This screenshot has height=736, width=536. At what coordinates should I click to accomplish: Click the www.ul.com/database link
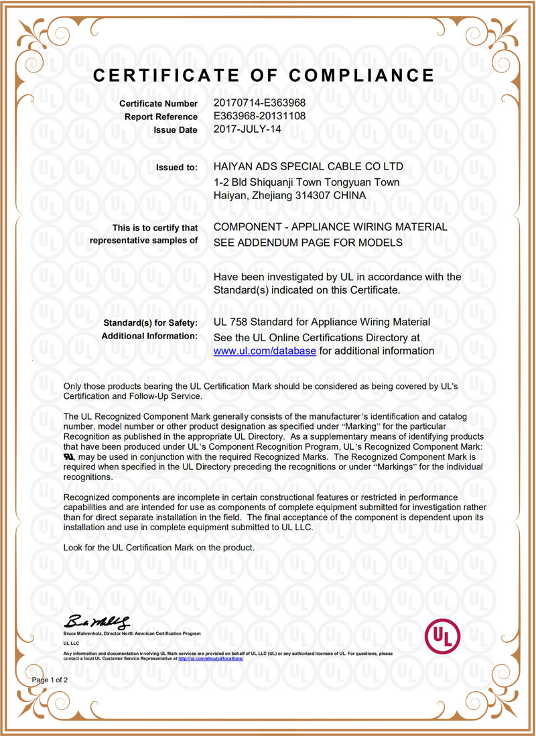pos(264,351)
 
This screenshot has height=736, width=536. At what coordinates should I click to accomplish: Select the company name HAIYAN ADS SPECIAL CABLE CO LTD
pos(308,166)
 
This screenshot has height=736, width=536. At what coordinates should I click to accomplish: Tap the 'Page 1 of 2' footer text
pos(50,680)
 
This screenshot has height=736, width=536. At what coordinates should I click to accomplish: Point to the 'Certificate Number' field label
pos(158,104)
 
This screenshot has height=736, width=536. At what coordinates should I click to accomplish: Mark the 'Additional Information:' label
pos(149,336)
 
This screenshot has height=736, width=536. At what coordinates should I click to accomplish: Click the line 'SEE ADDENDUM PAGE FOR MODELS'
pos(308,242)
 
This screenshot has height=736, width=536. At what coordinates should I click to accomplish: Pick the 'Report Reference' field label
pos(161,117)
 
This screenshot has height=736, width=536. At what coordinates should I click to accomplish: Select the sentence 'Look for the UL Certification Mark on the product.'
pos(159,548)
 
